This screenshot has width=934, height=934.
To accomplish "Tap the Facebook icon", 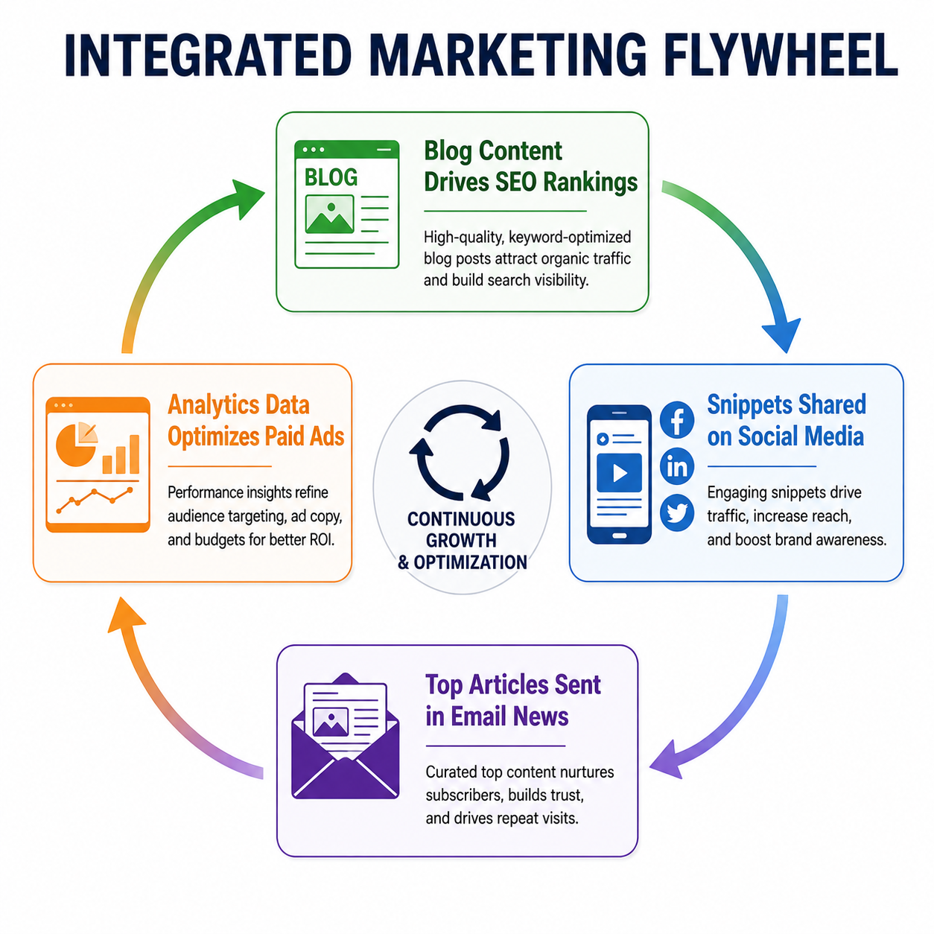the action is pos(676,419).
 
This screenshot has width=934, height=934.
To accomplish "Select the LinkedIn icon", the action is pos(676,466).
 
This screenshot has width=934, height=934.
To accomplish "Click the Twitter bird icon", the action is pos(676,512).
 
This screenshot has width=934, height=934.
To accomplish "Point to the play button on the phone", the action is pos(619,472).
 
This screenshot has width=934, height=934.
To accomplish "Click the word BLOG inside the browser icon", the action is pos(331,177).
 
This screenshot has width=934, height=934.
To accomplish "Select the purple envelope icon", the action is pos(345,735).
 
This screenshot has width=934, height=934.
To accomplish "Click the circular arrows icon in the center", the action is pos(459,452).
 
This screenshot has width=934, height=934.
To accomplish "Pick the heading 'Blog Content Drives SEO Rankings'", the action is pos(530,167).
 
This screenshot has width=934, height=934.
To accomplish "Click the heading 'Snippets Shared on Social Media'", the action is pos(786,420).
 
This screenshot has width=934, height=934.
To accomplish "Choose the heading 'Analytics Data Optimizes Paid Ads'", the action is pos(256,420).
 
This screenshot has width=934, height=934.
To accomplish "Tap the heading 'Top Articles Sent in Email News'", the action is pos(512,700).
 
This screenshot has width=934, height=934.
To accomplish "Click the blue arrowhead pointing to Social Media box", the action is pos(781,334).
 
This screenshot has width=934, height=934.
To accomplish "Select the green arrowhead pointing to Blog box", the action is pos(247,199).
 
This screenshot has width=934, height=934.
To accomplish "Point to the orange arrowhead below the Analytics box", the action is pos(126,615).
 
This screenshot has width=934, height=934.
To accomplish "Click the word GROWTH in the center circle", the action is pos(461,541).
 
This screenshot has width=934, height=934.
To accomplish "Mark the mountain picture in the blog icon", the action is pos(330,215).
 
